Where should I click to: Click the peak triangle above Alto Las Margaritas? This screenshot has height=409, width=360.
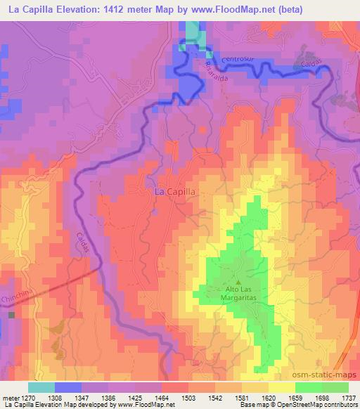click(x=237, y=282)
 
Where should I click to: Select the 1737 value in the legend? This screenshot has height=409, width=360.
click(x=349, y=397)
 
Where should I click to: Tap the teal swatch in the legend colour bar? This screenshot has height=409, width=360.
click(x=41, y=387)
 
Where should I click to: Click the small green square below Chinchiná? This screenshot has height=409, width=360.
click(x=11, y=315)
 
